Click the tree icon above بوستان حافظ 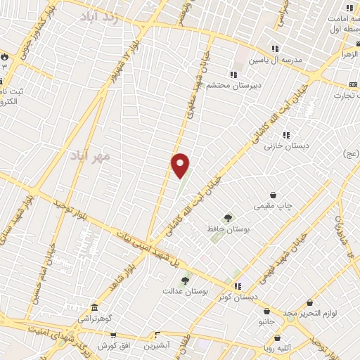point(227,218)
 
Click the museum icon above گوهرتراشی point(95,307)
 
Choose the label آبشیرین point(158,346)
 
